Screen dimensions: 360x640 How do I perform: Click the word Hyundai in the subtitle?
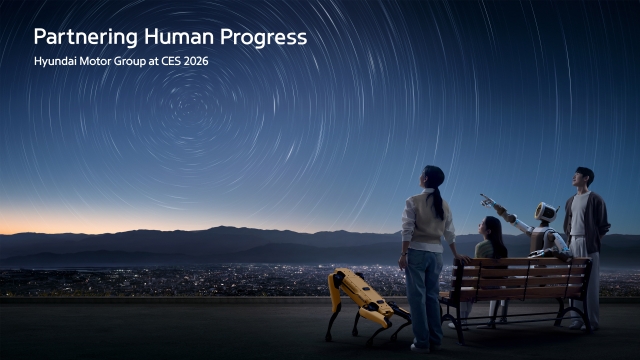click(x=56, y=62)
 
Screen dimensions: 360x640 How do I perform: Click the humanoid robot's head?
click(x=545, y=212)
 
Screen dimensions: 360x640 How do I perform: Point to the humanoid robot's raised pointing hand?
click(x=487, y=198)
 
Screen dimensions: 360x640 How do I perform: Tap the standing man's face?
click(x=581, y=179)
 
